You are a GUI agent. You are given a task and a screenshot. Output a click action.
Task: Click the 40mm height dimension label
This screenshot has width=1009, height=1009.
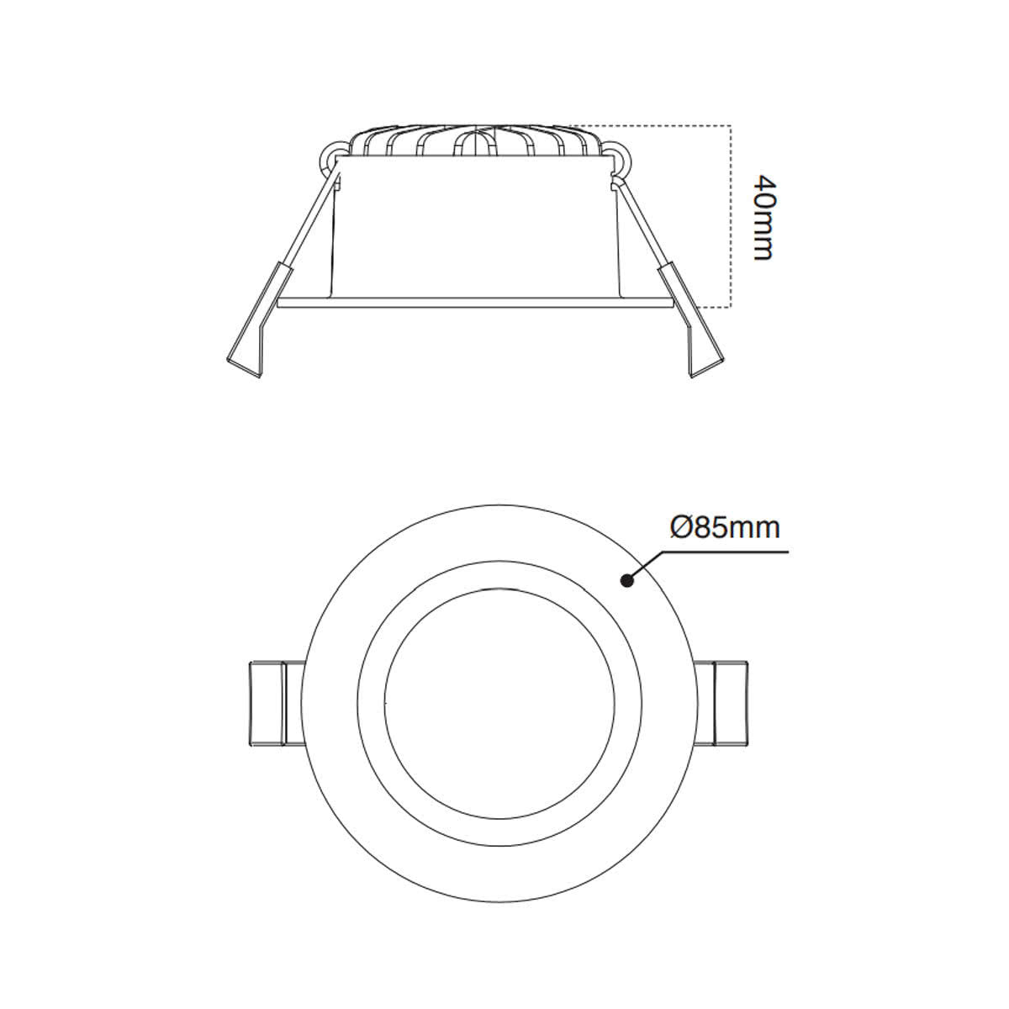click(762, 217)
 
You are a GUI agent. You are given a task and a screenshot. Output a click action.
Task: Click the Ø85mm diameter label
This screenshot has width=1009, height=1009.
click(725, 527)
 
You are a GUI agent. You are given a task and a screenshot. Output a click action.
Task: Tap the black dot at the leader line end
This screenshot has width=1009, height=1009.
click(626, 580)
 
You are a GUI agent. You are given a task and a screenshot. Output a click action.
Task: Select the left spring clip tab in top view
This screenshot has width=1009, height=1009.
click(267, 703)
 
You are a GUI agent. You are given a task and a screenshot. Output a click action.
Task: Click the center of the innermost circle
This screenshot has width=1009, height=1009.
click(499, 703)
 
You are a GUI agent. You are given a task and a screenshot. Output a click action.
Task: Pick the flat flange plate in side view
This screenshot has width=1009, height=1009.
click(475, 302)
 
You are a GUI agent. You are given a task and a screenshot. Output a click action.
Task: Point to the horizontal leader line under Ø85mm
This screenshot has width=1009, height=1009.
click(723, 552)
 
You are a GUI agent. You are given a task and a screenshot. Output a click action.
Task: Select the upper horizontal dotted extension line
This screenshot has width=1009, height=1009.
click(656, 127)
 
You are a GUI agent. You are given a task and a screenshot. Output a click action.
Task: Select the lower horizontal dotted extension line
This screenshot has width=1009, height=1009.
click(702, 306)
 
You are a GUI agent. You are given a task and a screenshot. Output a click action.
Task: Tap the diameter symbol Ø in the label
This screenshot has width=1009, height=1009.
click(680, 527)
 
